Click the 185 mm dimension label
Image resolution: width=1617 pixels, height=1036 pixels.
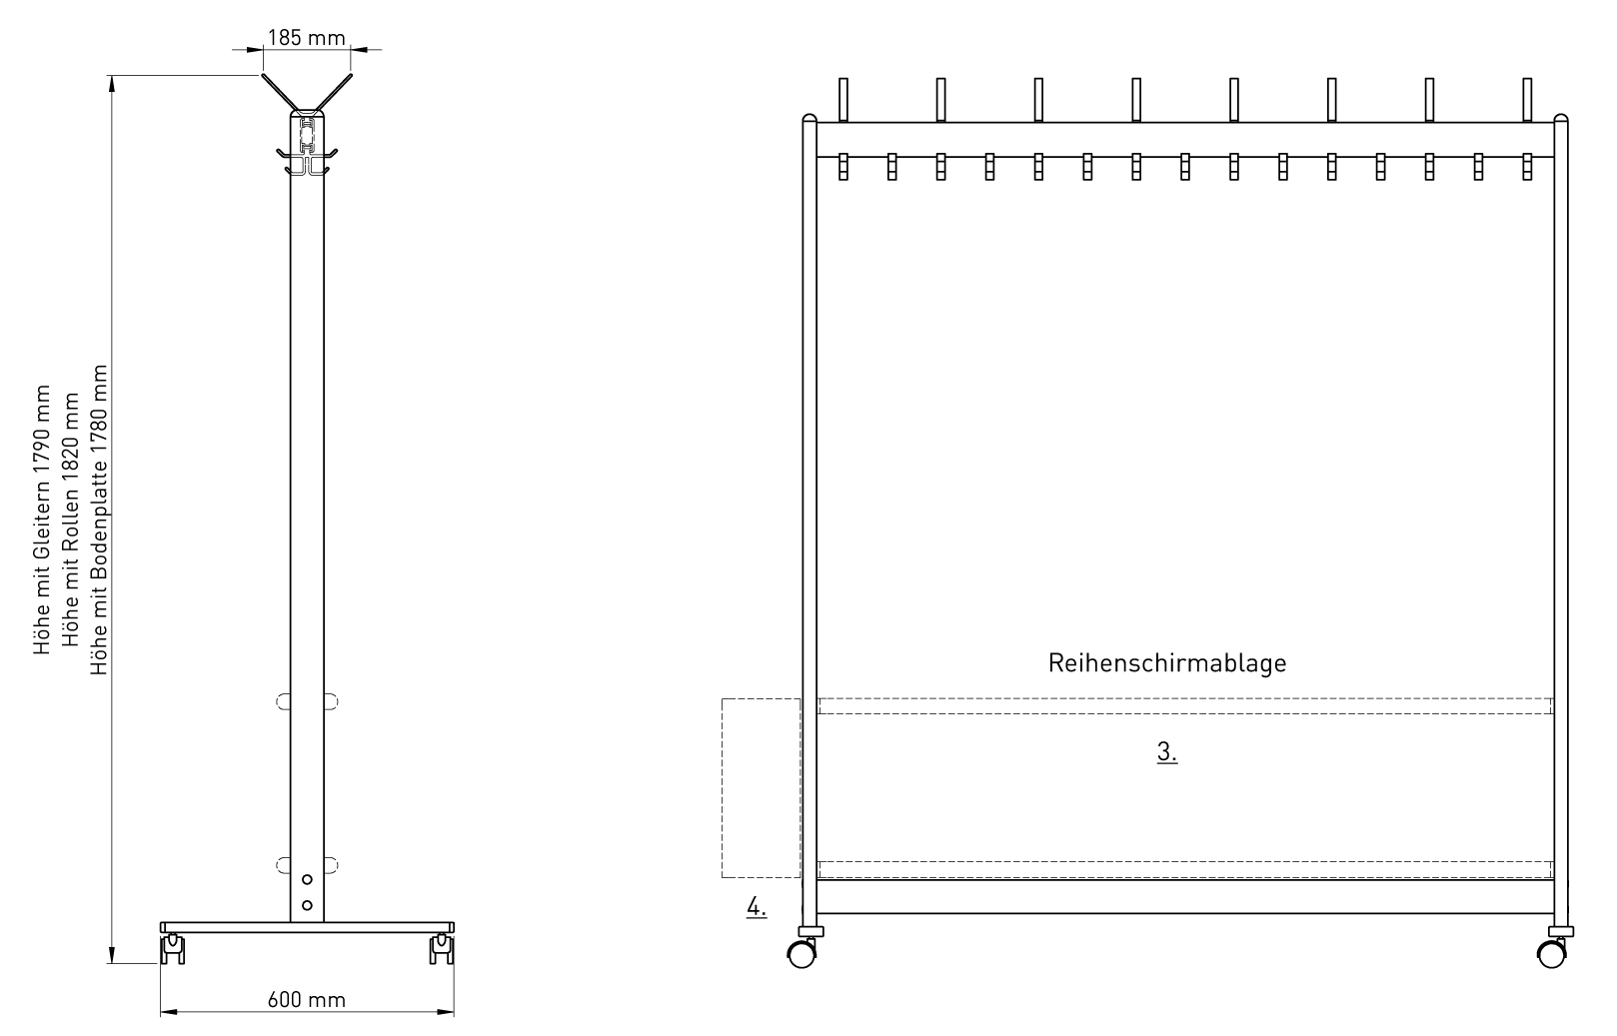pos(306,38)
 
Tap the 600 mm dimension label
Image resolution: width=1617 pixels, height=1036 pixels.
pos(306,1000)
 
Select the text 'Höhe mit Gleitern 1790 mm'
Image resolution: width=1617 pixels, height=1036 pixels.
pos(42,519)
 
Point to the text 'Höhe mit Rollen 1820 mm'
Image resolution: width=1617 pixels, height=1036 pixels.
pos(70,519)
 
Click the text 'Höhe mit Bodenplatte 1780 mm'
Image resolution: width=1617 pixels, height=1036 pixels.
pos(98,519)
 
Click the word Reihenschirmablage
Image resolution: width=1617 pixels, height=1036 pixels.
pos(1167,663)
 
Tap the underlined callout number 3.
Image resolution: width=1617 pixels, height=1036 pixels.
pos(1167,751)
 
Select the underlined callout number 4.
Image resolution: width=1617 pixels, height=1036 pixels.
pos(757,907)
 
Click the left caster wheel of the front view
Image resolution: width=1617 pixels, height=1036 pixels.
pos(802,954)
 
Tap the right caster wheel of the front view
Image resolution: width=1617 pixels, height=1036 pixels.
pos(1552,954)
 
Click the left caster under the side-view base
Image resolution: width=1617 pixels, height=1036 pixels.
pos(173,948)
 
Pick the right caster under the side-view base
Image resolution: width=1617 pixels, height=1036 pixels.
pos(442,948)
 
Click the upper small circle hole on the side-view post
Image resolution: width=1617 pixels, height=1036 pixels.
pos(307,879)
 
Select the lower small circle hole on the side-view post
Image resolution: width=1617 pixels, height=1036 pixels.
pos(307,905)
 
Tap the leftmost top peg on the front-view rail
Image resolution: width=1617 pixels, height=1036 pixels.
pos(843,100)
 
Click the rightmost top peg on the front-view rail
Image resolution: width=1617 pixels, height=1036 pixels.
pos(1527,100)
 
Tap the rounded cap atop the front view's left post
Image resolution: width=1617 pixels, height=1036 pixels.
pos(809,118)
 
